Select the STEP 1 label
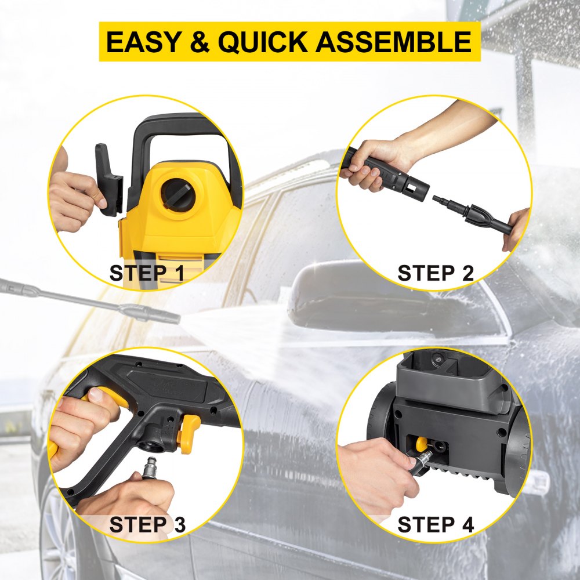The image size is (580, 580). click(x=147, y=273)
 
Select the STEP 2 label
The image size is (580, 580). click(x=436, y=273)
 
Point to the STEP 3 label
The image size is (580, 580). click(x=147, y=524)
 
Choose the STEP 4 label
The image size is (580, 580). click(x=436, y=524)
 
